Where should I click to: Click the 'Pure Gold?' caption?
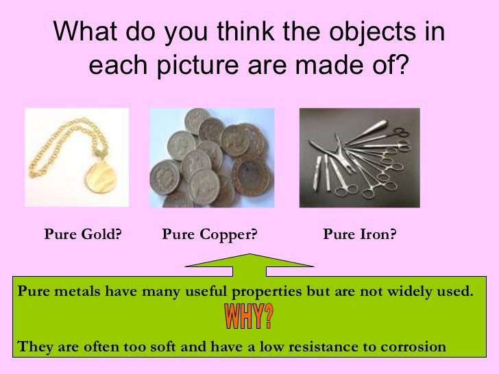[83, 235]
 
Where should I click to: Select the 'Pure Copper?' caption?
[209, 235]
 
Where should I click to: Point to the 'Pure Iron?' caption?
[360, 235]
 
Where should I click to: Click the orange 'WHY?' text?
[248, 318]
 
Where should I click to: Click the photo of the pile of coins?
[212, 158]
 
